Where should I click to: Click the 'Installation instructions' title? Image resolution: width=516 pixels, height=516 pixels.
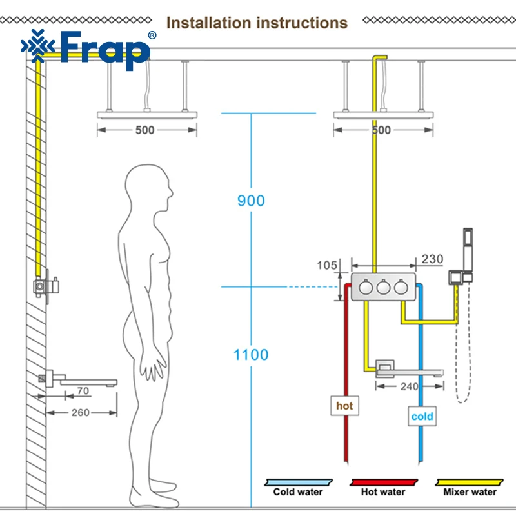(x=257, y=23)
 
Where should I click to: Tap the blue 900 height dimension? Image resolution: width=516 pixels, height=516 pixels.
(x=251, y=201)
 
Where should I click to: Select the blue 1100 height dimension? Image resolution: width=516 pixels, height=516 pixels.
(x=251, y=355)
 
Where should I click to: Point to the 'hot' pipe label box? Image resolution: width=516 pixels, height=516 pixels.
(x=344, y=406)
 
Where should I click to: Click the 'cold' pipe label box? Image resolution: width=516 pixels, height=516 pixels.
(x=422, y=416)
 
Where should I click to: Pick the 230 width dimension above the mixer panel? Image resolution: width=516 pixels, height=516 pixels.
(x=432, y=259)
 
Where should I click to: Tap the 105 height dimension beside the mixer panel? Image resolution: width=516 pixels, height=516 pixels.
(x=327, y=265)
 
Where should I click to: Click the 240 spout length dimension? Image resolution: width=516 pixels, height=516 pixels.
(x=409, y=386)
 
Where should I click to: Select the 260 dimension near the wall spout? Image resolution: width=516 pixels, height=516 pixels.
(x=80, y=412)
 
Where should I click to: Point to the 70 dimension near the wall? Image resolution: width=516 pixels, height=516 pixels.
(x=83, y=391)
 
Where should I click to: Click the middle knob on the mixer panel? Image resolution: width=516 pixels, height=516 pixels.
(x=383, y=287)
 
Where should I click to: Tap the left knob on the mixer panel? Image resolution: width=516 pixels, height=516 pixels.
(x=366, y=287)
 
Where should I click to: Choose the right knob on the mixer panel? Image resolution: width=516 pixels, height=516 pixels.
(x=401, y=287)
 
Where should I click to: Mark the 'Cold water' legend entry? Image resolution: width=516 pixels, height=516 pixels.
(x=298, y=488)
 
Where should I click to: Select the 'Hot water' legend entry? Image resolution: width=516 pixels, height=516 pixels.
(x=383, y=488)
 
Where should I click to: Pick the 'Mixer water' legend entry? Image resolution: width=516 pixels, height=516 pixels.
(x=470, y=488)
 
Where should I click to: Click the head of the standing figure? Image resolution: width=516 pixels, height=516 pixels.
(x=149, y=188)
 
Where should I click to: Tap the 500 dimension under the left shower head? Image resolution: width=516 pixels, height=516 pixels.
(x=144, y=130)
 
